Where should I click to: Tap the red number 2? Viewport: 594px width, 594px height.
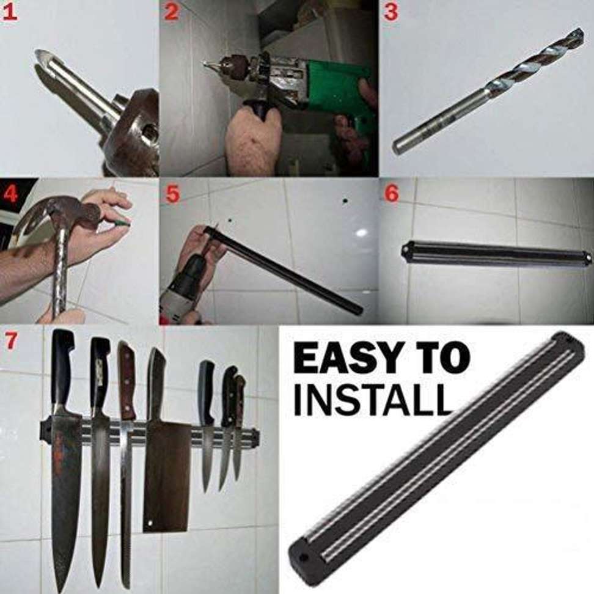[x=171, y=12]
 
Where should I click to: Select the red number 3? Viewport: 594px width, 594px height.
[x=391, y=12]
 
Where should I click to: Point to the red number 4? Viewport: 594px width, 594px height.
[x=10, y=194]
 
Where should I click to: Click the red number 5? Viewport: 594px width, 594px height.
[x=172, y=194]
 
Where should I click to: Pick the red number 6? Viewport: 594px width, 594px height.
[x=391, y=194]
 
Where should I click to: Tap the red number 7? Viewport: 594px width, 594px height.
[x=10, y=341]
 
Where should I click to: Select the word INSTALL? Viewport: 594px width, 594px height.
[x=373, y=398]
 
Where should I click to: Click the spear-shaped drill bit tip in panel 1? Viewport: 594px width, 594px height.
[x=47, y=61]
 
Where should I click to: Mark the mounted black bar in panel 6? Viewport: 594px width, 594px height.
[x=496, y=251]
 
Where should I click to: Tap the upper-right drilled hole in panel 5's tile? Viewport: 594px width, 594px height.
[x=345, y=200]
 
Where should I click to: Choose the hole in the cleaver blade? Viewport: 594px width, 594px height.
[x=150, y=523]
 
